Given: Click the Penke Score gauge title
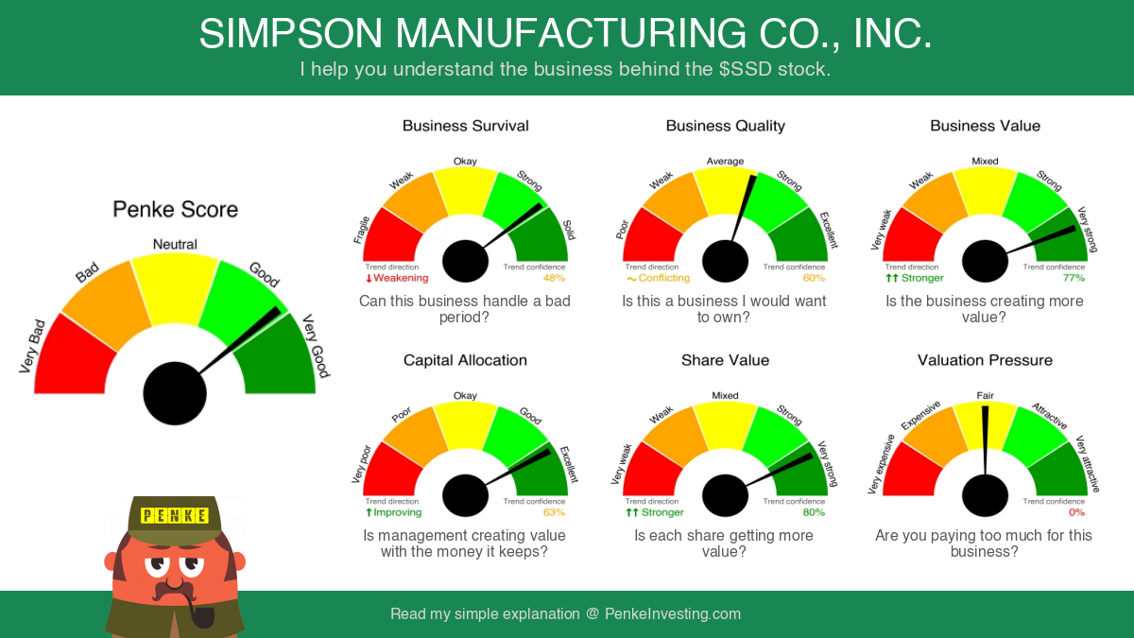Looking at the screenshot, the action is [175, 210].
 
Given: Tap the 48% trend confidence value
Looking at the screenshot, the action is [554, 278].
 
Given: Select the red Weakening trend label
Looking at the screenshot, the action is [397, 278].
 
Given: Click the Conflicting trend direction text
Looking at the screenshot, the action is [658, 278].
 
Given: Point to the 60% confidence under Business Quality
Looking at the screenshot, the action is [814, 278].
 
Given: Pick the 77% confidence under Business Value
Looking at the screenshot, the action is [1074, 278].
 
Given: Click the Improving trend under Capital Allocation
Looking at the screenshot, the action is [394, 512].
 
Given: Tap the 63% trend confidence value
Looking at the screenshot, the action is [554, 512].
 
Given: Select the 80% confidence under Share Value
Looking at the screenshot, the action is [814, 512].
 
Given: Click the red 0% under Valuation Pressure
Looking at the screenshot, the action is [1076, 512].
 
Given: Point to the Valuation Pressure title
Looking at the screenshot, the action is [985, 360].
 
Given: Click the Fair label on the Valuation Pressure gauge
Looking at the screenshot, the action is [985, 395].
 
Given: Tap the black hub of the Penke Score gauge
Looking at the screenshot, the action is [175, 393].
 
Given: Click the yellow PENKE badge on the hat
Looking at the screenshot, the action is [175, 515].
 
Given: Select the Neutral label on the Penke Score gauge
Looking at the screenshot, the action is [175, 245].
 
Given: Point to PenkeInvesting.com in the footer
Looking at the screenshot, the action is [673, 614].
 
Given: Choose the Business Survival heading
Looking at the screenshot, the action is [465, 126].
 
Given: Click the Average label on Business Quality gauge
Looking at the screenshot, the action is [725, 161].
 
